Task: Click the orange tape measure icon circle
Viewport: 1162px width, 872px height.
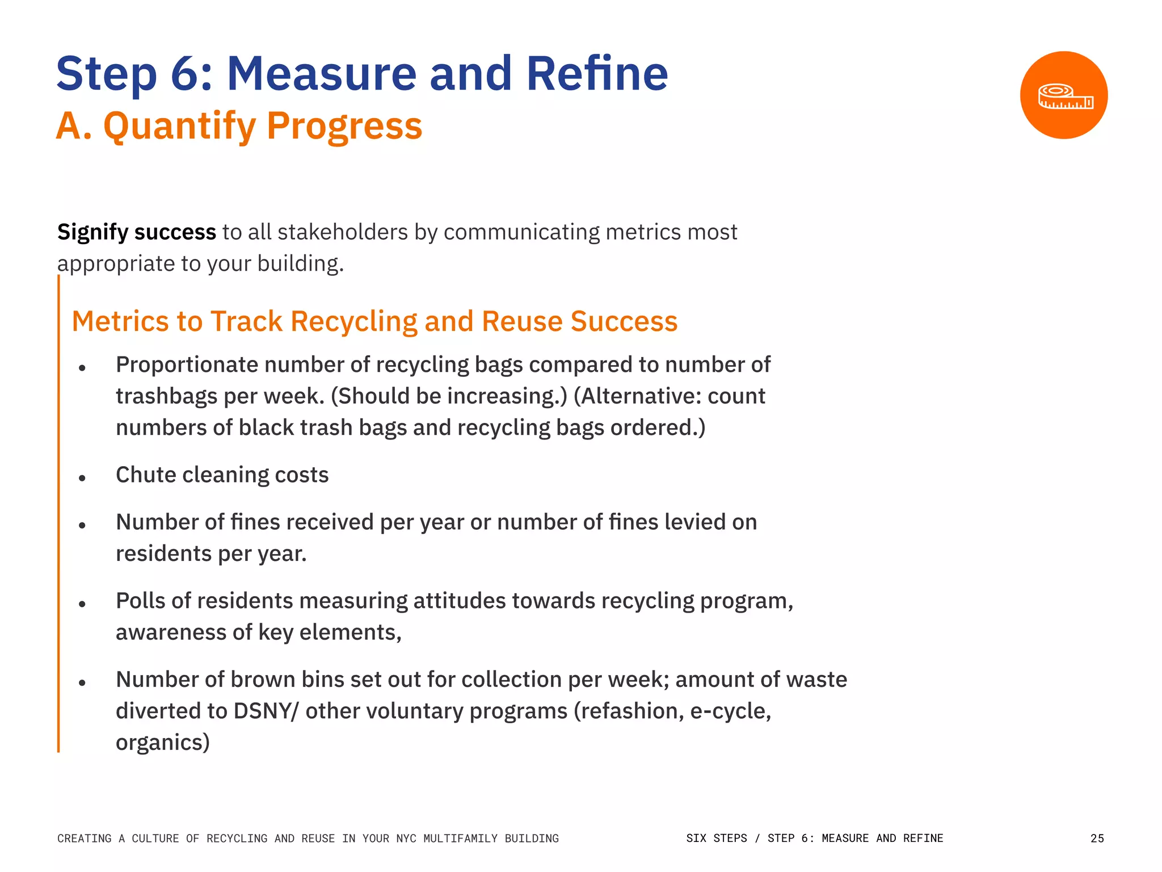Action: (1063, 95)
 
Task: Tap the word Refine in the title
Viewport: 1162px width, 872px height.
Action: (597, 74)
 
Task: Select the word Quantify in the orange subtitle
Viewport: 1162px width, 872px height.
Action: (179, 126)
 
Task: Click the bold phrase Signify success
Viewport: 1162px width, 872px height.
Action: (136, 232)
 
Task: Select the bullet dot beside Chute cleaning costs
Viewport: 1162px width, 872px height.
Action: (82, 479)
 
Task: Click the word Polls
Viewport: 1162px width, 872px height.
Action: (140, 601)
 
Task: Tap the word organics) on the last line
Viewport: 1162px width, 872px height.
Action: (163, 743)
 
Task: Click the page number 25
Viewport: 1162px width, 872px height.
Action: (1097, 839)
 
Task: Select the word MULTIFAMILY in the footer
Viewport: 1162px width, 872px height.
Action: (460, 839)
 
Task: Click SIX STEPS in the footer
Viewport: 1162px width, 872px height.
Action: (717, 839)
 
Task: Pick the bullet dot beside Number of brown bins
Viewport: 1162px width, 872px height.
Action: (82, 683)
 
